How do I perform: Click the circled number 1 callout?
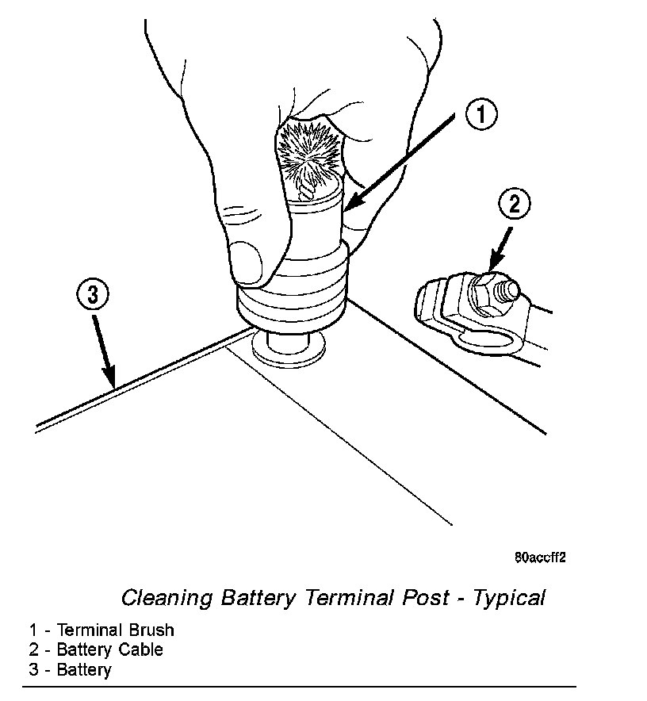click(481, 116)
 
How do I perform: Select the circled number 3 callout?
click(93, 296)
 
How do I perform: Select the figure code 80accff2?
click(539, 557)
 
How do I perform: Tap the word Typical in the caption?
click(509, 596)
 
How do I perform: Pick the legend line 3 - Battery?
click(71, 669)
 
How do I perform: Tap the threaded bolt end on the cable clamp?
click(510, 289)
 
